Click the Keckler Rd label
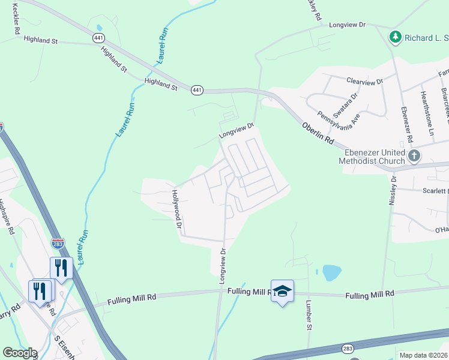tap(16, 20)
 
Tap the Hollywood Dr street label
tap(176, 209)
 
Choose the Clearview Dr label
tap(364, 81)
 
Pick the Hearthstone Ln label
tap(427, 113)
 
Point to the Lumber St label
tap(309, 315)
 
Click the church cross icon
tap(414, 157)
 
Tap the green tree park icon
tap(395, 37)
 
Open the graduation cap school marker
tap(282, 291)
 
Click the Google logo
tap(20, 353)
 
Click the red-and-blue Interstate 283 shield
tap(58, 244)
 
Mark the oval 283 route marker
tap(348, 348)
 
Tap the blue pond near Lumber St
tap(331, 273)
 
